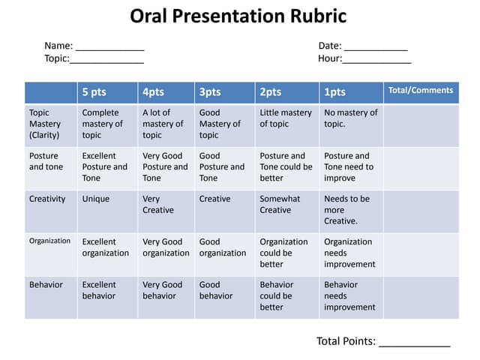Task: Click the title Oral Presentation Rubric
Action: pos(238,16)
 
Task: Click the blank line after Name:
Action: pos(109,47)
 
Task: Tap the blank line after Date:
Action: pos(376,47)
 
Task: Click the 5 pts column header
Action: pos(94,92)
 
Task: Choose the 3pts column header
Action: pos(210,92)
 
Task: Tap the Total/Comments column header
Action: pos(420,91)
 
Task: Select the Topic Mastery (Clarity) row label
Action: pos(45,124)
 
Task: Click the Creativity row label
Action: pos(47,199)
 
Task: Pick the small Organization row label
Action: pos(49,241)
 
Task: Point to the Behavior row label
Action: pos(46,285)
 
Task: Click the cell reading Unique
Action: pos(96,199)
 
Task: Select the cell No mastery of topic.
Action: pos(350,118)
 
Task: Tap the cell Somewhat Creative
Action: pos(280,205)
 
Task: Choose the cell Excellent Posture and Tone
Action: pos(104,167)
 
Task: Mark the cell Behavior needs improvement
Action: pos(349,295)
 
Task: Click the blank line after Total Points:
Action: pos(414,342)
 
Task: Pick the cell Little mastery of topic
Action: pos(286,118)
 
